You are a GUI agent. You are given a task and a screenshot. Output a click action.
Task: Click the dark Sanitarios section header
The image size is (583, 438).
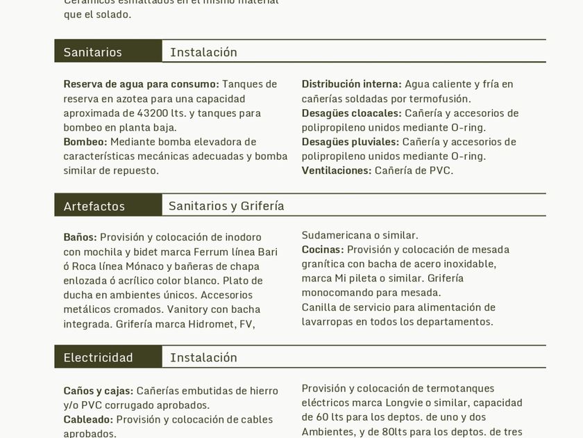click(x=93, y=52)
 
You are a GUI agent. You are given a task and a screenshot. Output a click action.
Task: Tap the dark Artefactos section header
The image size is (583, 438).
click(x=94, y=206)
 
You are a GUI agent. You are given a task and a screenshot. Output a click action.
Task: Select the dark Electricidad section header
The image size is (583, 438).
click(x=99, y=357)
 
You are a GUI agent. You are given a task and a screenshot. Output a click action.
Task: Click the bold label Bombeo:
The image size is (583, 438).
click(x=85, y=142)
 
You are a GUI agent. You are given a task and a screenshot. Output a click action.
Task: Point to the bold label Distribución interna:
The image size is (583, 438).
click(x=351, y=84)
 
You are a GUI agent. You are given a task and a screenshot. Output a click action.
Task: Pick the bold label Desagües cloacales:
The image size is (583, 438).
click(x=351, y=113)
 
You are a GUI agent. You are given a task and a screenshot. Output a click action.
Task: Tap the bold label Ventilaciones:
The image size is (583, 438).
click(x=337, y=170)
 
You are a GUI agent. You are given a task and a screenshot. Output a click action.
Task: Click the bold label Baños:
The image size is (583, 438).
click(x=81, y=237)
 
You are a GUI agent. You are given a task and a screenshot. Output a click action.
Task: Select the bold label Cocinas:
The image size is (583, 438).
click(x=323, y=250)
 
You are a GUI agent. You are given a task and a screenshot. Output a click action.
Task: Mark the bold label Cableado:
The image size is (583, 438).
click(x=88, y=419)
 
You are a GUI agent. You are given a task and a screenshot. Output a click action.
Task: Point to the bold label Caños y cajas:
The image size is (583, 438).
click(x=99, y=391)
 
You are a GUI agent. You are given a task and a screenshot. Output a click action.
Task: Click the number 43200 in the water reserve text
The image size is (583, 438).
click(x=169, y=113)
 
